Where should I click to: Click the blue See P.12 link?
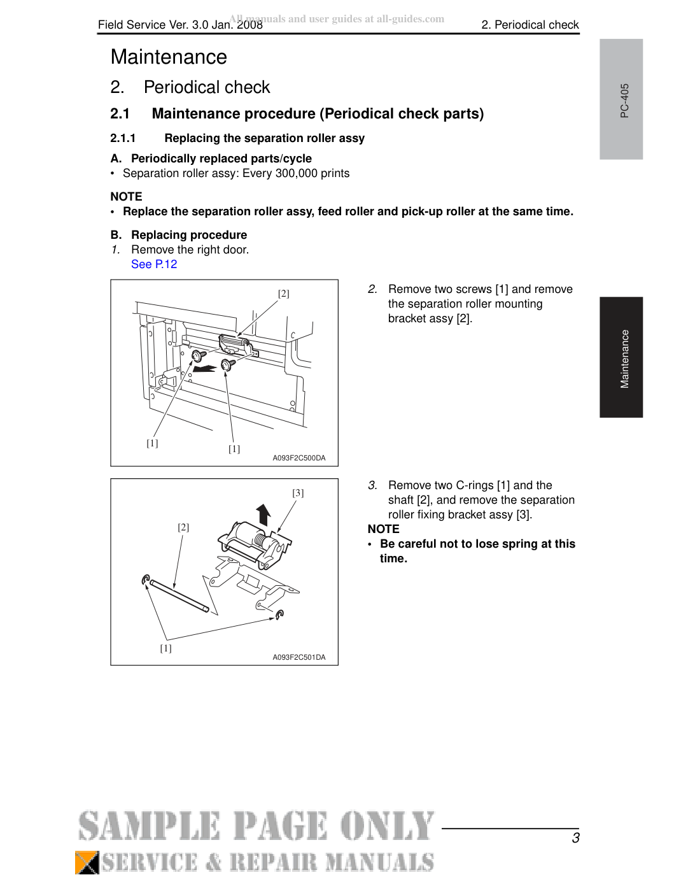(x=154, y=264)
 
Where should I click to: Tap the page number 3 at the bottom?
(x=575, y=838)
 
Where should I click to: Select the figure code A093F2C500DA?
(x=299, y=458)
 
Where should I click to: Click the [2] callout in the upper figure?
(x=284, y=294)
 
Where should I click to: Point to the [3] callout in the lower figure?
(x=298, y=493)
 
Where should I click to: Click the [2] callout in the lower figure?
(x=183, y=527)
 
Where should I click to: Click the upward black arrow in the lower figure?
(x=263, y=515)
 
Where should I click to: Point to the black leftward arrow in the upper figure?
(x=205, y=369)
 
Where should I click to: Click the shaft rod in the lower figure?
(x=179, y=595)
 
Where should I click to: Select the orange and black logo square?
(x=87, y=862)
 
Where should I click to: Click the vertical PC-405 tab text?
(x=624, y=101)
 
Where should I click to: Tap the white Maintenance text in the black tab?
(x=624, y=359)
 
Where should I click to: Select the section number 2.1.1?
(x=123, y=138)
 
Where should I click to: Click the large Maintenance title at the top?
(x=169, y=57)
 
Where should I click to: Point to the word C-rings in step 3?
(x=474, y=485)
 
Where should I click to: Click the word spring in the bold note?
(x=493, y=544)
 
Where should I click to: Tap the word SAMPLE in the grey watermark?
(x=149, y=826)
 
